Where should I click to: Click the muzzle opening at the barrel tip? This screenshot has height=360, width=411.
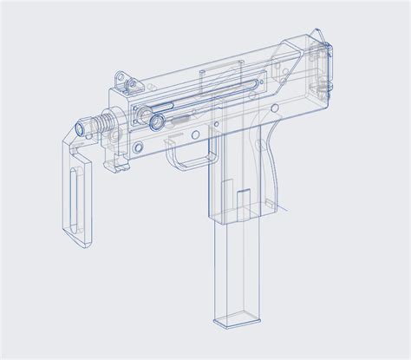pyautogui.click(x=82, y=127)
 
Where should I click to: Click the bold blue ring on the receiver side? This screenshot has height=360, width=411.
pyautogui.click(x=157, y=122)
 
